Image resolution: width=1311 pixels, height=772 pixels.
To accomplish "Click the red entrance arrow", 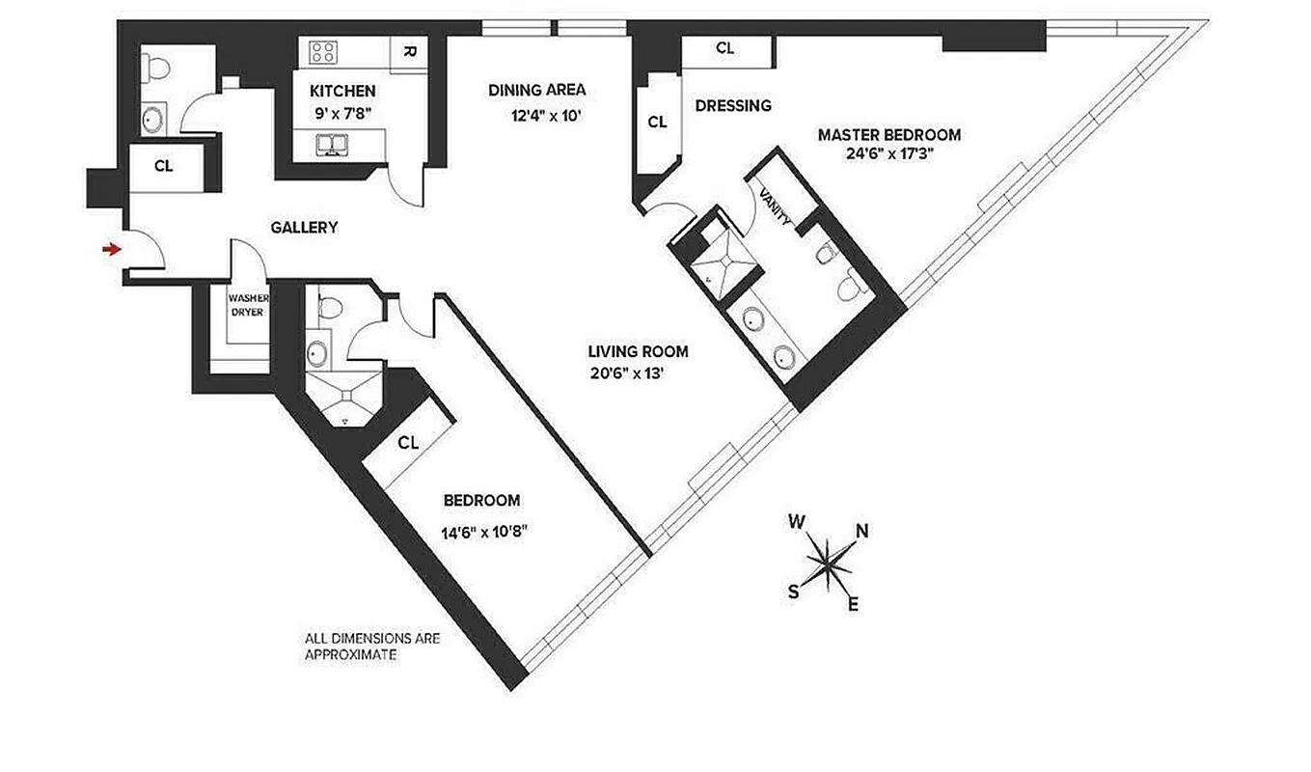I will [x=112, y=250].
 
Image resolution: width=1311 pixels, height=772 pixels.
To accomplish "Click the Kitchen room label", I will [x=342, y=92].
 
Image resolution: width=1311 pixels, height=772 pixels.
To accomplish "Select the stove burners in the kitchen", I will [x=323, y=52].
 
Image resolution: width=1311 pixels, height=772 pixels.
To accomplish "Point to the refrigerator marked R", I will [x=409, y=52].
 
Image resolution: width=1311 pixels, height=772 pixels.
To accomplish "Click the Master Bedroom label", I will [x=888, y=134].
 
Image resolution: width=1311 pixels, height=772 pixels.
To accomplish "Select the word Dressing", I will [x=733, y=106].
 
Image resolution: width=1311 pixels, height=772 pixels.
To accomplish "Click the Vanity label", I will [x=776, y=206].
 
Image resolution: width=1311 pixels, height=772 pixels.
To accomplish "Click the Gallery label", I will [x=304, y=228].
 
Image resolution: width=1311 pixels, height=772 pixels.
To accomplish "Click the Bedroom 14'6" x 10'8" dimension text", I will [x=484, y=530].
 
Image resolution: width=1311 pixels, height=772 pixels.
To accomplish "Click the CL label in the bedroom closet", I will [x=408, y=443].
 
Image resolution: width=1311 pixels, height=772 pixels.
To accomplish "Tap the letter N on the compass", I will [x=862, y=530].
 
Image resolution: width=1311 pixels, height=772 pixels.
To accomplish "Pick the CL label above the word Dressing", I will [x=725, y=48].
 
